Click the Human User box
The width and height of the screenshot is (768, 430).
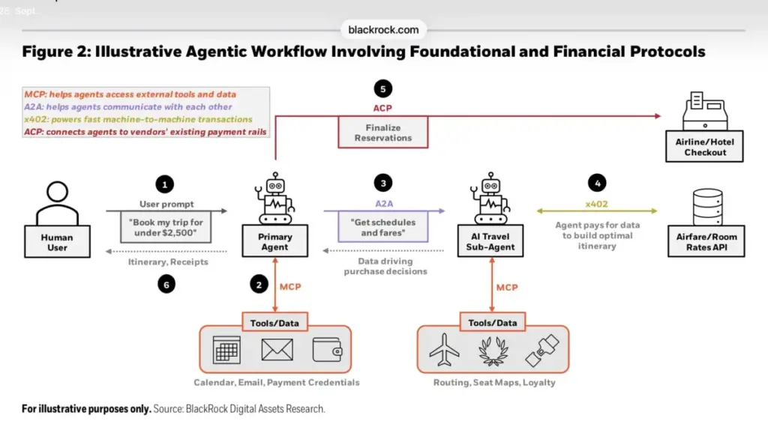coord(57,241)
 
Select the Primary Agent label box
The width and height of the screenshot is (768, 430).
coord(274,240)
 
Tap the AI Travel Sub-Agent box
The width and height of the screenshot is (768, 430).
coord(490,240)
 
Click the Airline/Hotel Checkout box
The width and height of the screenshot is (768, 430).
coord(704,146)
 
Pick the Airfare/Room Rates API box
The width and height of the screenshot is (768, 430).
coord(706,241)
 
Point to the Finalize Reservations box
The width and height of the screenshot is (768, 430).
coord(383,132)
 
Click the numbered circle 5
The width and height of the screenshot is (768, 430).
coord(383,89)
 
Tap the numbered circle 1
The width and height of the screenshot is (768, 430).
coord(164,184)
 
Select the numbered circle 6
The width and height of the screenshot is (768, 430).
coord(166,284)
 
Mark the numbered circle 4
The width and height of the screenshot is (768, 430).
coord(597,183)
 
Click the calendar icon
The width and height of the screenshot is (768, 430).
coord(226,350)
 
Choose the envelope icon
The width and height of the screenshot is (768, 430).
coord(277,350)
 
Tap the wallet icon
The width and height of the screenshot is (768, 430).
coord(328,350)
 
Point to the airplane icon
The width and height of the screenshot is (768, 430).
coord(444,351)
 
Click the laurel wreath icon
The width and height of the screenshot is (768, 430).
coord(493,351)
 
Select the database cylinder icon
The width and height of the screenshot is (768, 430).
coord(707,207)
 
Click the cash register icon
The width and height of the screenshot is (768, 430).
coord(705,111)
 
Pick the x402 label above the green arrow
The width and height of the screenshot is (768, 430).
coord(596,204)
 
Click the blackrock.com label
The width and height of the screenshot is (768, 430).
coord(383,30)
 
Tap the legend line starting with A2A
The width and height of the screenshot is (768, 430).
coord(127,106)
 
